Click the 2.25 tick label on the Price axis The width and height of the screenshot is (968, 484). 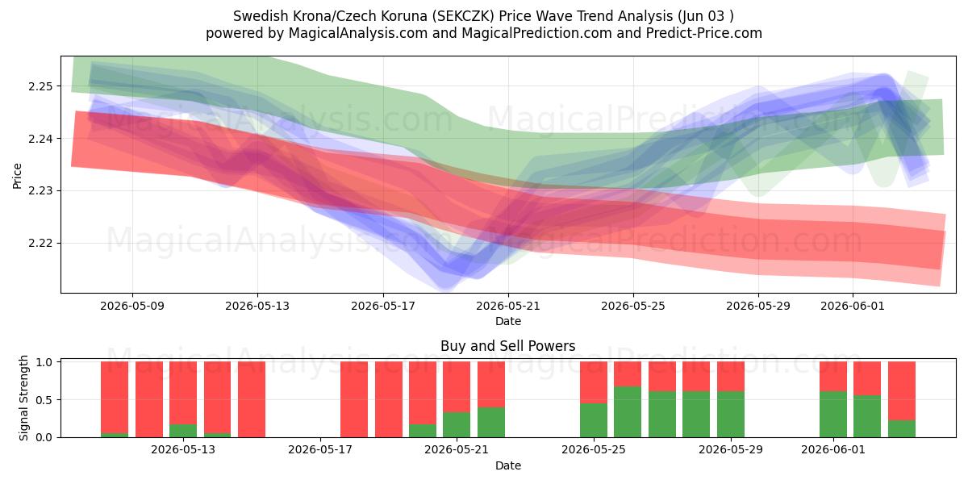[40, 86]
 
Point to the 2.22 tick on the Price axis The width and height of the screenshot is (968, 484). [40, 243]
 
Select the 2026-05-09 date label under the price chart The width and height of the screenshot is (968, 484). [132, 306]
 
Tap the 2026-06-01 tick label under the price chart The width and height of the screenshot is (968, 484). [853, 306]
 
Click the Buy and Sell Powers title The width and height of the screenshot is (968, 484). [507, 346]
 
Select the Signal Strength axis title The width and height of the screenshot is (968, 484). [23, 398]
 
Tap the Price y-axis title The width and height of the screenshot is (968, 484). [17, 176]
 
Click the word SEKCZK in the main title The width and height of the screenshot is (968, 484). [465, 16]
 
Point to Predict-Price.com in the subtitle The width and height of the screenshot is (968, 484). [704, 33]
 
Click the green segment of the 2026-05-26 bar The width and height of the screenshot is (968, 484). [628, 412]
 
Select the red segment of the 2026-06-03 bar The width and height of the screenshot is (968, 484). [902, 390]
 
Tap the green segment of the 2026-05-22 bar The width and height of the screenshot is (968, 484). [491, 422]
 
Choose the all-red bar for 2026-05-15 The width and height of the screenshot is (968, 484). [252, 399]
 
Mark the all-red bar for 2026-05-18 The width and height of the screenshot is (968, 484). [354, 399]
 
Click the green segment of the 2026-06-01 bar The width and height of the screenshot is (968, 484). [833, 415]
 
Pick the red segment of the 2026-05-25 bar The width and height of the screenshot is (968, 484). [594, 382]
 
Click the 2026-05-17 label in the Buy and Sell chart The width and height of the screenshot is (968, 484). [320, 450]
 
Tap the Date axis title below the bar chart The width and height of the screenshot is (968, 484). [507, 466]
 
